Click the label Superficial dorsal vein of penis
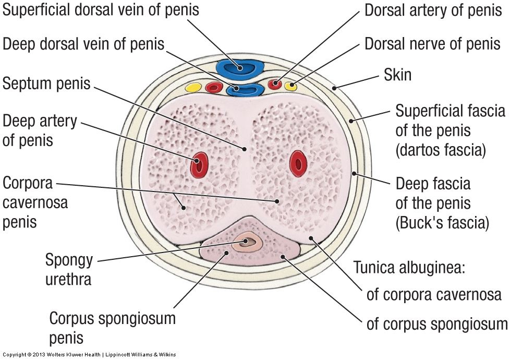[101, 10]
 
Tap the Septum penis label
[46, 83]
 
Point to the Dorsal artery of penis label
[432, 10]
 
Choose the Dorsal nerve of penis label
[432, 44]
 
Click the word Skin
[397, 75]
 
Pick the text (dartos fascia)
[441, 151]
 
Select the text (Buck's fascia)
[442, 223]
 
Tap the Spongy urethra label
[68, 269]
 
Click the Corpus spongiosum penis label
[112, 327]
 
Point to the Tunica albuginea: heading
[409, 268]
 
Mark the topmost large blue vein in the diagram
[240, 68]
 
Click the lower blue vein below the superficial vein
[247, 90]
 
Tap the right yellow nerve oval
[292, 85]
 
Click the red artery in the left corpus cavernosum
[199, 164]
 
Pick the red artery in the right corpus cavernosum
[298, 163]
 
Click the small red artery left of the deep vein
[214, 87]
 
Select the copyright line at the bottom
[89, 355]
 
